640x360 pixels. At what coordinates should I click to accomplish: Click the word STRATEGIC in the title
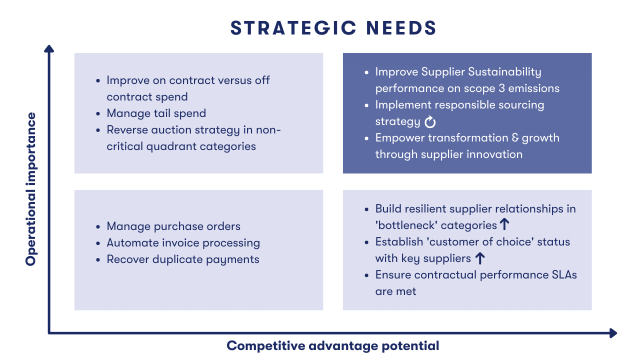click(293, 28)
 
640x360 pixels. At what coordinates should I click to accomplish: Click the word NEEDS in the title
click(401, 28)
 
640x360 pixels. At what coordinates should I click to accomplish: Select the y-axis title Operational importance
click(31, 189)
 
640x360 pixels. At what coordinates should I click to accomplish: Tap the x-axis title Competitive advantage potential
click(333, 345)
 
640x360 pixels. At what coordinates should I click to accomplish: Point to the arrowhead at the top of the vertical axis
click(49, 48)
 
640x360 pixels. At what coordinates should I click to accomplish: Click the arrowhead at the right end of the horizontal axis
click(613, 333)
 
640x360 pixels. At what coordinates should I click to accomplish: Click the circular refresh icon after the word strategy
click(430, 121)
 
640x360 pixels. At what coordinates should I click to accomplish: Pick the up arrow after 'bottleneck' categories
click(504, 224)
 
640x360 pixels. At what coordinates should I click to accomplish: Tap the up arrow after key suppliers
click(480, 258)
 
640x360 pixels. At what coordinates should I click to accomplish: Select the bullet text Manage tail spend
click(156, 113)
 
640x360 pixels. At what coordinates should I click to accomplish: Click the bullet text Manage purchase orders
click(173, 226)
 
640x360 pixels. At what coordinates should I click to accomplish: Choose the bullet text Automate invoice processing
click(183, 243)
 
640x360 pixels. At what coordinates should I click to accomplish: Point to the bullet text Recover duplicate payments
click(183, 259)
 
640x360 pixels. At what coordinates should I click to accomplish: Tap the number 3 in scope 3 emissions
click(501, 88)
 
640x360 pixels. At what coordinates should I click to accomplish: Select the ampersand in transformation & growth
click(515, 137)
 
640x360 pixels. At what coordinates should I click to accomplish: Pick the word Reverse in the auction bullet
click(127, 129)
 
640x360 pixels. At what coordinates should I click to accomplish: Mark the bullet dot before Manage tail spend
click(98, 113)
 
